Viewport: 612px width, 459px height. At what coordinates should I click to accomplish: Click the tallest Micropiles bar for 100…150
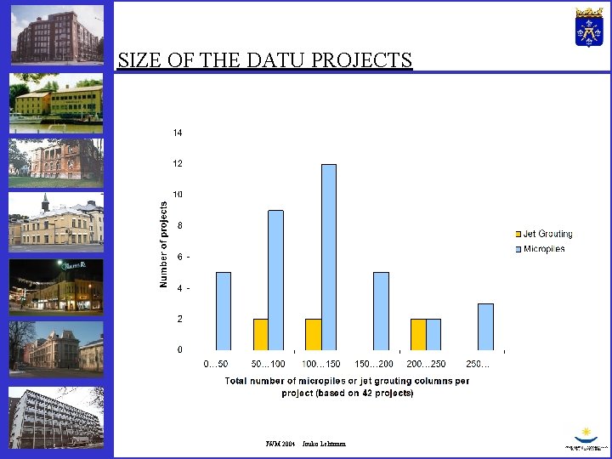pyautogui.click(x=328, y=257)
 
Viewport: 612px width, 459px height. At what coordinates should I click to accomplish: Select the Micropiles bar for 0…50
pyautogui.click(x=224, y=311)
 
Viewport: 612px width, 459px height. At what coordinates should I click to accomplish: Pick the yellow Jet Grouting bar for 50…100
pyautogui.click(x=260, y=334)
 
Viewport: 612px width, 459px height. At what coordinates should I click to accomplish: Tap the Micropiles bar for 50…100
pyautogui.click(x=275, y=280)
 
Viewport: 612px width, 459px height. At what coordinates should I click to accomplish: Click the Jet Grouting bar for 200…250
pyautogui.click(x=417, y=334)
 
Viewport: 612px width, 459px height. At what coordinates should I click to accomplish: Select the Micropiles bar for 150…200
pyautogui.click(x=381, y=311)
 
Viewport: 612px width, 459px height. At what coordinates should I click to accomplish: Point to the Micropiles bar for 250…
pyautogui.click(x=485, y=326)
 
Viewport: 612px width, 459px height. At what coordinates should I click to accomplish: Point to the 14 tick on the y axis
pyautogui.click(x=177, y=133)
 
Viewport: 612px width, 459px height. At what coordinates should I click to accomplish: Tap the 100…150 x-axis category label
pyautogui.click(x=320, y=364)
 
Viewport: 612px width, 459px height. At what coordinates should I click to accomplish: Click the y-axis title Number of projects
pyautogui.click(x=164, y=244)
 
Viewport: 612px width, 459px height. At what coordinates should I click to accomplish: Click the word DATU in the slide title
pyautogui.click(x=276, y=60)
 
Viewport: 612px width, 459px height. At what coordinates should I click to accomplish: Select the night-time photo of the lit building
pyautogui.click(x=56, y=286)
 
